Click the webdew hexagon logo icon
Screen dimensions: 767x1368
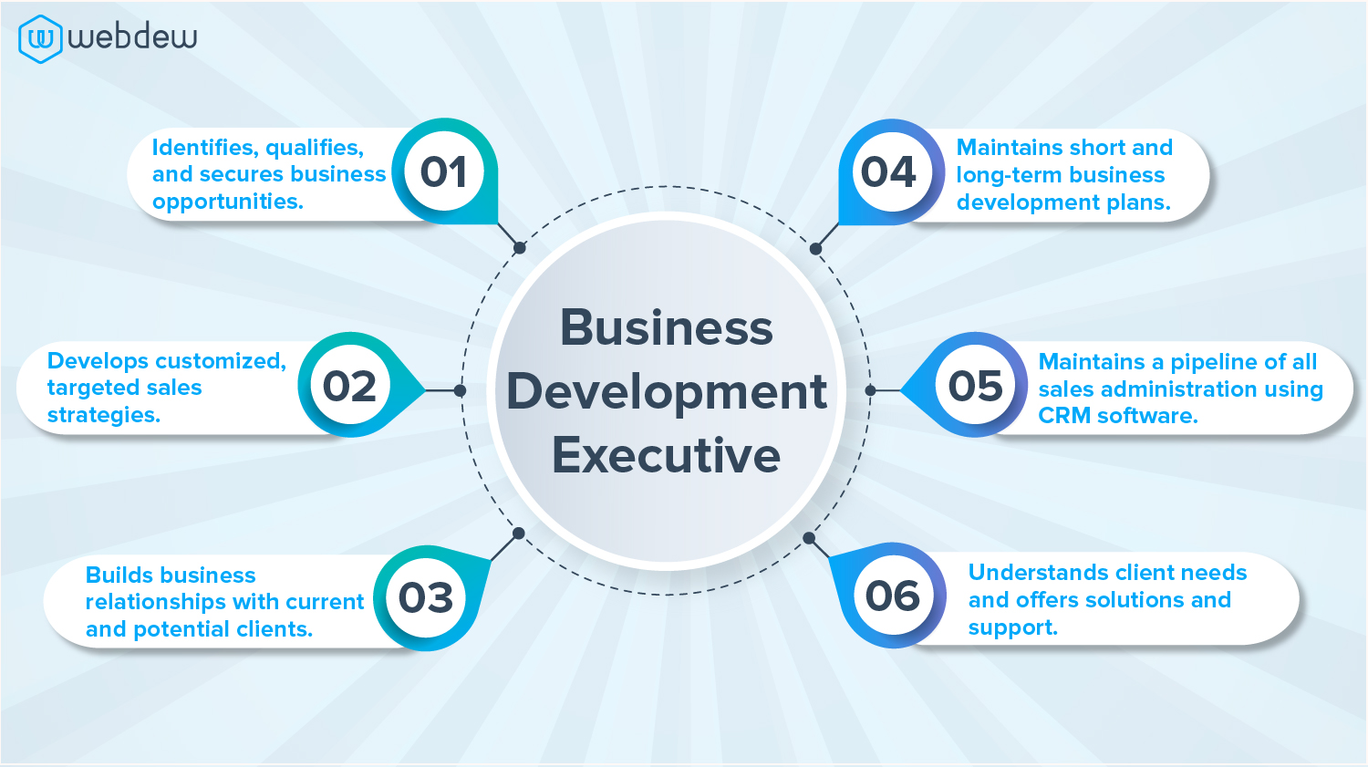[x=40, y=38]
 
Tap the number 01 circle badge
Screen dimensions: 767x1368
[x=444, y=171]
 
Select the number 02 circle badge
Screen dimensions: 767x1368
[x=350, y=386]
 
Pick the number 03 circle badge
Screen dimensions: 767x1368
[x=426, y=598]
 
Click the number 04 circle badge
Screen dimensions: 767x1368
[x=889, y=171]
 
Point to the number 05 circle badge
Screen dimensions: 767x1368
[x=976, y=386]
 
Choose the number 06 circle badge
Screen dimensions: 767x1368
[x=893, y=596]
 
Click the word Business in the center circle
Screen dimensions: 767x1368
[x=667, y=328]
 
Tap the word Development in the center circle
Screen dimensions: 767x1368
[x=667, y=392]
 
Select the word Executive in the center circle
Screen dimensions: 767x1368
[x=667, y=455]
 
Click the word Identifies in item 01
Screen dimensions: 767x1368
[x=202, y=148]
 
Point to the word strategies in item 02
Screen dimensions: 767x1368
[x=103, y=415]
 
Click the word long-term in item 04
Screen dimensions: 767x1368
[x=1009, y=175]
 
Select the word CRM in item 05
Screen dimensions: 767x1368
[x=1063, y=416]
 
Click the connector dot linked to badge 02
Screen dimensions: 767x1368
[x=461, y=390]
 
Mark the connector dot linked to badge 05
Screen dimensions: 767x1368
[x=870, y=390]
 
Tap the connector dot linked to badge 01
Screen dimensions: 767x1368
[x=519, y=247]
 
